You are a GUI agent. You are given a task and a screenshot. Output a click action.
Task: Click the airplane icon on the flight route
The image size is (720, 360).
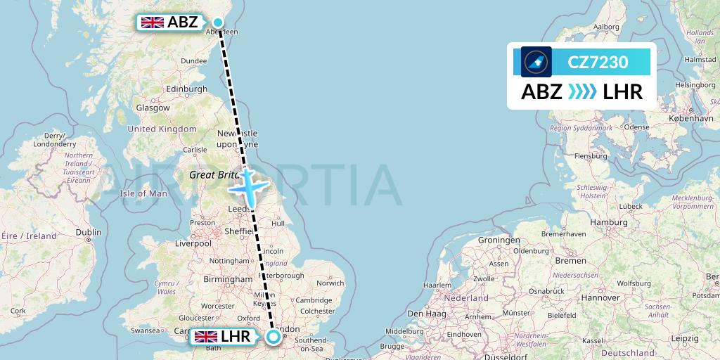click(x=248, y=188)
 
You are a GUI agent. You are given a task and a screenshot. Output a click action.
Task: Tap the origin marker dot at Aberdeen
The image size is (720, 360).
click(x=218, y=22)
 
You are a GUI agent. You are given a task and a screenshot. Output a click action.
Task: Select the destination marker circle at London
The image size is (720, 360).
click(x=273, y=337)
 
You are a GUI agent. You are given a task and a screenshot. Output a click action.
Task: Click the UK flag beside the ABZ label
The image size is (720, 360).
click(x=153, y=22)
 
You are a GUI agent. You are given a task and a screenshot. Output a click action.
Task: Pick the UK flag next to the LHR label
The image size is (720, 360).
click(x=206, y=337)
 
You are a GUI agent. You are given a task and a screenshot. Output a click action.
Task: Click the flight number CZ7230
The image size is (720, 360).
click(x=598, y=62)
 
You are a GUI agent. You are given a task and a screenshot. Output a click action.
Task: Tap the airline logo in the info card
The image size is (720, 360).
click(x=536, y=62)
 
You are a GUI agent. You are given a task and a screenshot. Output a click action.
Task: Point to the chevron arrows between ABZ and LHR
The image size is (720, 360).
click(x=582, y=91)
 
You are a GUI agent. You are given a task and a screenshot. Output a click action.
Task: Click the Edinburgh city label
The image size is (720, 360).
click(x=186, y=89)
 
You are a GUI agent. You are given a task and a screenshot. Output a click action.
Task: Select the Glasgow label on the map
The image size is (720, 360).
click(x=153, y=108)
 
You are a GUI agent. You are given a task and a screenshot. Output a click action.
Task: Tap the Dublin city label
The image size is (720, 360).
click(x=89, y=233)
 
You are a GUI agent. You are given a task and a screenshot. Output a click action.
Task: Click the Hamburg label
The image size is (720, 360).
click(x=609, y=222)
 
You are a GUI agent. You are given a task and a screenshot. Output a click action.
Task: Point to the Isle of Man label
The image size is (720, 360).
click(x=143, y=193)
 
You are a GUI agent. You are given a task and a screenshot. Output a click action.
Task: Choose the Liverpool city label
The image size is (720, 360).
click(x=193, y=243)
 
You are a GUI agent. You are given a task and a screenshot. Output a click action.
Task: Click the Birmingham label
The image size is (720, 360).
click(x=229, y=279)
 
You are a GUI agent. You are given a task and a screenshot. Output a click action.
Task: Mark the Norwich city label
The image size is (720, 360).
click(x=330, y=283)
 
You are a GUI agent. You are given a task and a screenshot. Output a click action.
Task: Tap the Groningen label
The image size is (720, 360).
click(x=499, y=240)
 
